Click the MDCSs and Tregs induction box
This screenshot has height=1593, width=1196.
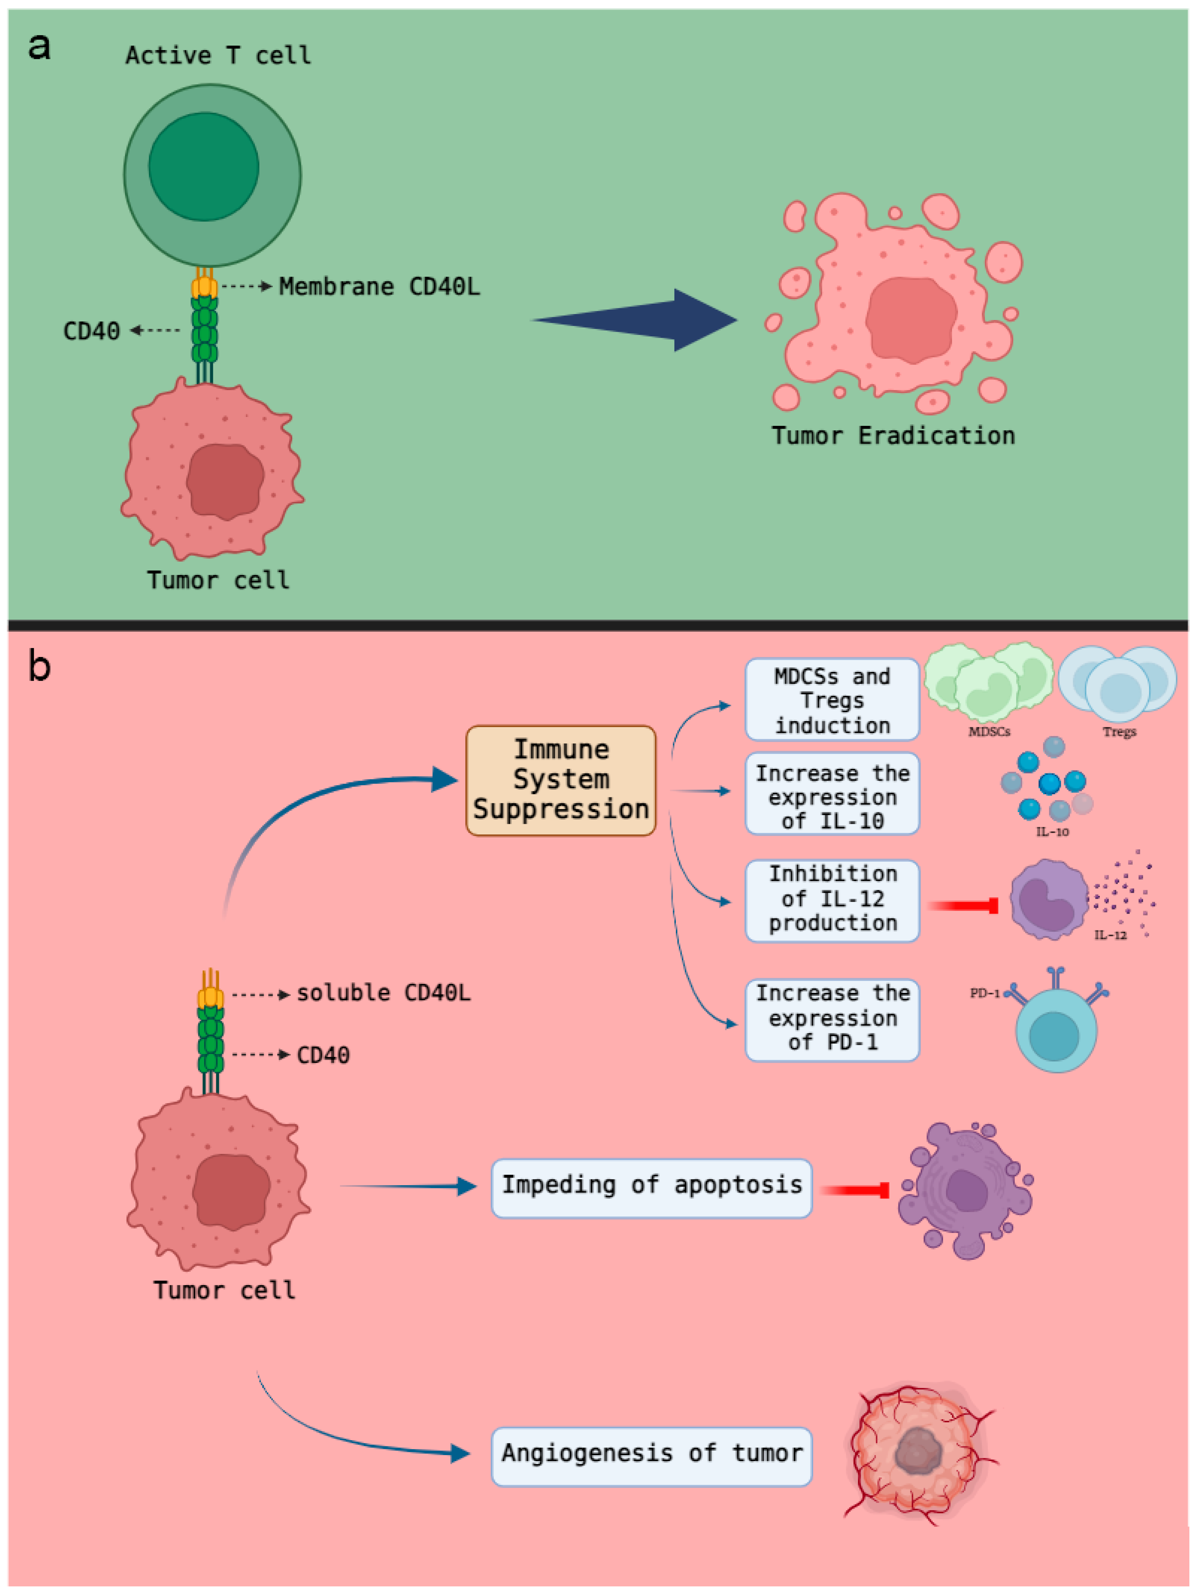click(832, 699)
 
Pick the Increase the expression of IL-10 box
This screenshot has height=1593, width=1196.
click(832, 794)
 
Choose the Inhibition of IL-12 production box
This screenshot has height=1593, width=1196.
click(832, 900)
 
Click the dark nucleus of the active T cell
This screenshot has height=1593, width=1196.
click(204, 166)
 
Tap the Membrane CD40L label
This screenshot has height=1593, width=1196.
click(379, 287)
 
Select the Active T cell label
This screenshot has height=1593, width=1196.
click(218, 55)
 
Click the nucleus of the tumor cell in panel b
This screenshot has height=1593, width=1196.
click(231, 1192)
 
